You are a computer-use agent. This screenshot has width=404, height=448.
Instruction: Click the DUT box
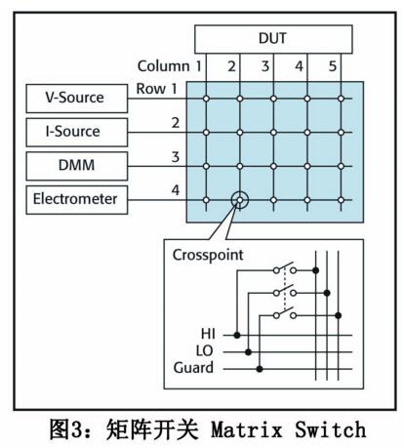point(273,39)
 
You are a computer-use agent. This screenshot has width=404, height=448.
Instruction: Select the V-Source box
point(77,99)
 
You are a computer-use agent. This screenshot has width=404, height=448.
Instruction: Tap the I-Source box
point(77,133)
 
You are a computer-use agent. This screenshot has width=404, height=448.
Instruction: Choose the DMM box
point(77,166)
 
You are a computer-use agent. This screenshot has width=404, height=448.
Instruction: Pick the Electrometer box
point(77,200)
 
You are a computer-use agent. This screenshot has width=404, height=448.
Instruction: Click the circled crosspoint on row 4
point(240,200)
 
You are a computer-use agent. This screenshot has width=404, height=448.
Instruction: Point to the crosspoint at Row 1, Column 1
point(206,99)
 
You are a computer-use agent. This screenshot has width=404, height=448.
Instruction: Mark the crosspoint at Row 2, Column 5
point(341,133)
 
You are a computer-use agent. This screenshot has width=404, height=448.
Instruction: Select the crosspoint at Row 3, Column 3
point(273,166)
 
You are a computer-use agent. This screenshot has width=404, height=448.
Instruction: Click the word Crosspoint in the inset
point(208,256)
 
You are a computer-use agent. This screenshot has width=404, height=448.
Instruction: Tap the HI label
point(208,334)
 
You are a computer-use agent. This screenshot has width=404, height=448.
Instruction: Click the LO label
point(205,350)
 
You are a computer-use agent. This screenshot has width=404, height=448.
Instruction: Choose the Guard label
point(193,368)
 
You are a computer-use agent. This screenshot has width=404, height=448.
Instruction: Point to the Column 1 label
point(170,66)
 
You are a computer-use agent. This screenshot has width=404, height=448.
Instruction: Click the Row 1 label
point(156,89)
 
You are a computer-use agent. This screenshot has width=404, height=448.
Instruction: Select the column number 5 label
point(333,66)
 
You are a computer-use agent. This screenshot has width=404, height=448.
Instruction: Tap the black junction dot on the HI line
point(237,335)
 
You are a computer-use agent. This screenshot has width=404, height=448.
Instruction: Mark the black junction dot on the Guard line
point(260,369)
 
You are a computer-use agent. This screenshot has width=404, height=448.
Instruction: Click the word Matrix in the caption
point(247,429)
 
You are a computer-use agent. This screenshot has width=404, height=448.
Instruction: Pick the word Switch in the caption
point(331,429)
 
